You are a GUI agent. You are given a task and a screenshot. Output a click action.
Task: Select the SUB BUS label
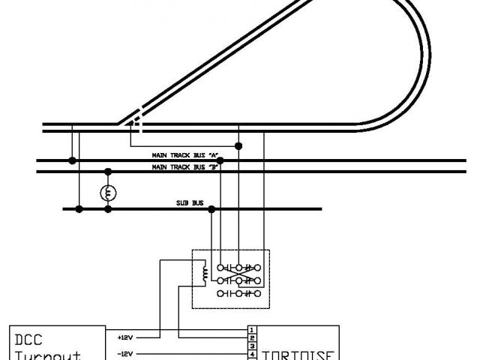click(x=187, y=203)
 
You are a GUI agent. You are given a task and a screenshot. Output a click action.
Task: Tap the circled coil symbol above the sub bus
click(x=108, y=193)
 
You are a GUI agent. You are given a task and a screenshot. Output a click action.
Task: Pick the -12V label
click(x=126, y=352)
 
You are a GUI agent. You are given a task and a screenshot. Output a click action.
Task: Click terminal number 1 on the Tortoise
click(x=253, y=329)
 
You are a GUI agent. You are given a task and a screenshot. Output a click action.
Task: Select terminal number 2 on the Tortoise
click(x=253, y=337)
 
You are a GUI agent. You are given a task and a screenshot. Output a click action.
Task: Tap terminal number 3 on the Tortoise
click(x=253, y=345)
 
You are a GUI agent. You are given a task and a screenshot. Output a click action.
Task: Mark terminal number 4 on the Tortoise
click(x=253, y=352)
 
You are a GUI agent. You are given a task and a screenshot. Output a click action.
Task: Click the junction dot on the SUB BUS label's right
click(x=211, y=209)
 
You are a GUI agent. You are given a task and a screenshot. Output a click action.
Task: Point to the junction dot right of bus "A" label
click(x=219, y=160)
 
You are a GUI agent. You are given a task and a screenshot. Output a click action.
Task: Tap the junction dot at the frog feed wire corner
click(x=238, y=145)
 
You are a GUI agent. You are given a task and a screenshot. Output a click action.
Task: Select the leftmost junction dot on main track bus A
click(x=72, y=160)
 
